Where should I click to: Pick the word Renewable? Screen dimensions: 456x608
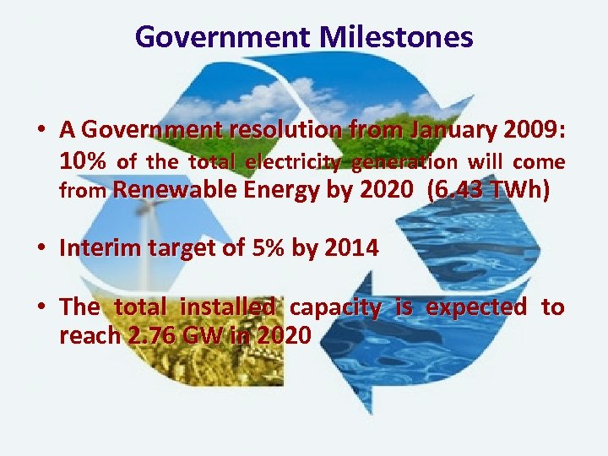(174, 191)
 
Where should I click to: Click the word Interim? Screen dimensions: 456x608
(96, 248)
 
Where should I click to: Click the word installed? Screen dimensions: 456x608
(236, 307)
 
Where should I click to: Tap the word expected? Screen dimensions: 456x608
(476, 307)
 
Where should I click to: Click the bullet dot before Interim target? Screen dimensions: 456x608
(41, 249)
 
